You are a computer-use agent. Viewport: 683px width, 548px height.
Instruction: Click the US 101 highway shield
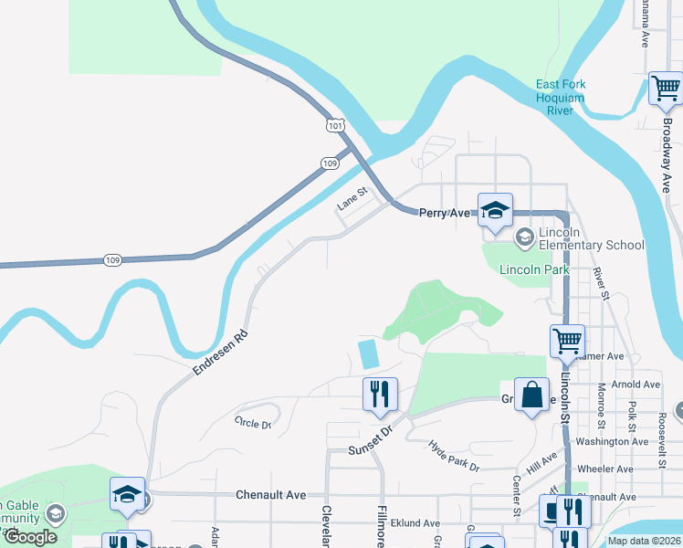click(x=336, y=123)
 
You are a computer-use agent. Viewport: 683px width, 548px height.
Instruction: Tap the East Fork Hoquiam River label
click(x=561, y=98)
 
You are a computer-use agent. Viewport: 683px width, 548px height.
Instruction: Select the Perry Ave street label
click(x=444, y=213)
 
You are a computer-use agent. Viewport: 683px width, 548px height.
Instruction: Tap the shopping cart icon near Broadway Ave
click(x=666, y=90)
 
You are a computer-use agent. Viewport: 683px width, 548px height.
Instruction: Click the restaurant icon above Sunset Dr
click(x=379, y=394)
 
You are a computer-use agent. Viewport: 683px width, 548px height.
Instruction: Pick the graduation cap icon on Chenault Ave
click(x=127, y=495)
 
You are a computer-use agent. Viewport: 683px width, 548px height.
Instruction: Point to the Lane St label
click(x=352, y=198)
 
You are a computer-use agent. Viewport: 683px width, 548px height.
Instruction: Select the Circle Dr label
click(x=253, y=423)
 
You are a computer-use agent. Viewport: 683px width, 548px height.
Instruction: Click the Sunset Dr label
click(x=370, y=447)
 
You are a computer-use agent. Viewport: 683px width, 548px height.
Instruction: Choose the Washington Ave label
click(x=613, y=441)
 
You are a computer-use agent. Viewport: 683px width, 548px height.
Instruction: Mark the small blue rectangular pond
click(x=369, y=354)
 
